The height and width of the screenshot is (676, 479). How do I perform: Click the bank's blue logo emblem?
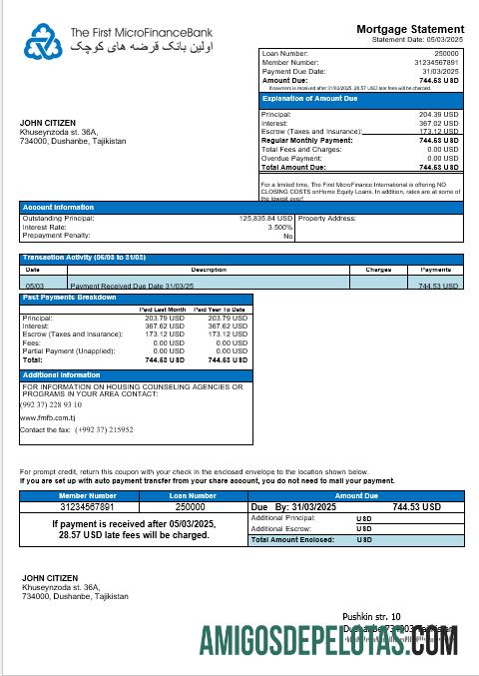[43, 41]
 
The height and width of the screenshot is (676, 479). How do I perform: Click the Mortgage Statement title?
[410, 29]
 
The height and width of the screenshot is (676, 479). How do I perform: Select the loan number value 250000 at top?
[447, 52]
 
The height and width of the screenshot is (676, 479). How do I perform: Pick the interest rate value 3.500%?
[280, 227]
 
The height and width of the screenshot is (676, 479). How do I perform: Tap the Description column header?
[209, 270]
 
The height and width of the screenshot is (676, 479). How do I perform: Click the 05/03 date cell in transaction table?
[33, 286]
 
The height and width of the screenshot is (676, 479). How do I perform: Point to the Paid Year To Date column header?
[220, 310]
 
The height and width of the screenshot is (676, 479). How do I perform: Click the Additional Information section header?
[61, 375]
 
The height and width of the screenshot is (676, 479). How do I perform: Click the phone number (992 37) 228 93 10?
[51, 404]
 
